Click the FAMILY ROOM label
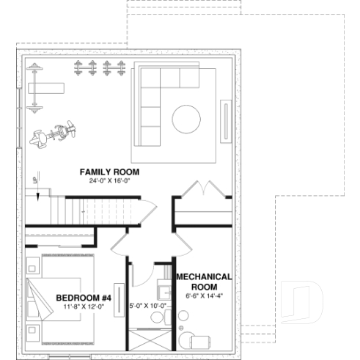109,172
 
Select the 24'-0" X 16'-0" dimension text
109,180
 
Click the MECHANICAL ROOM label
204,282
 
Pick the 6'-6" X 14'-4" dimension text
204,296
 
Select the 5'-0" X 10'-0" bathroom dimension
148,306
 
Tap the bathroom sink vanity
166,317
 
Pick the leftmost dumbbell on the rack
78,70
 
